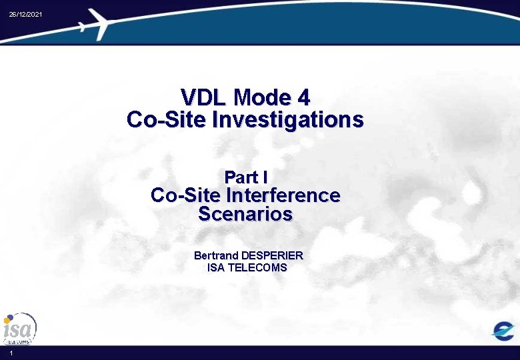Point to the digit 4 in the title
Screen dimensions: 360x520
303,98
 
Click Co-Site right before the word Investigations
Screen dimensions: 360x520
167,120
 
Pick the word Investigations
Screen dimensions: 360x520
288,120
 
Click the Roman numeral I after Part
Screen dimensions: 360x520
265,177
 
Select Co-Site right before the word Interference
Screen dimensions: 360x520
186,196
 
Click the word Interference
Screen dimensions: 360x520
283,196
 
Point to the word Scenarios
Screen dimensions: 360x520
245,215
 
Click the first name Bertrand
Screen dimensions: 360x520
216,255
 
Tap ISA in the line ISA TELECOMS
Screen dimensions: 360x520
216,268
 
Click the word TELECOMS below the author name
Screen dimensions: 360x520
257,268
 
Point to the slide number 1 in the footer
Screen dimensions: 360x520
11,353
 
